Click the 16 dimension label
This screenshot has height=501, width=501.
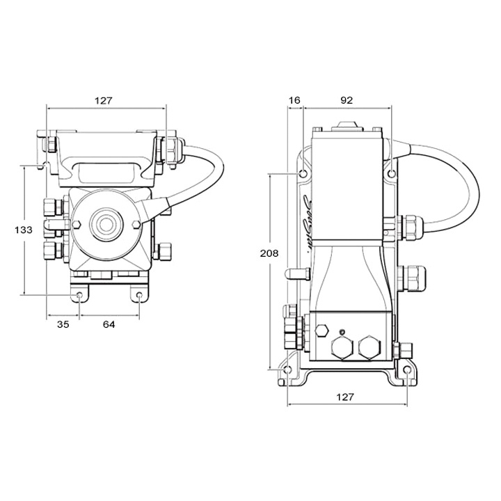tap(294, 100)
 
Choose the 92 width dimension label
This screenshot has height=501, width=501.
tap(346, 100)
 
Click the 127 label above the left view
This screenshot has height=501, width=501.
tap(103, 100)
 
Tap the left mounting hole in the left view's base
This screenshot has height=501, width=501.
tap(80, 296)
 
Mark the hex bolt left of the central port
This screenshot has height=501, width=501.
tap(77, 225)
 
